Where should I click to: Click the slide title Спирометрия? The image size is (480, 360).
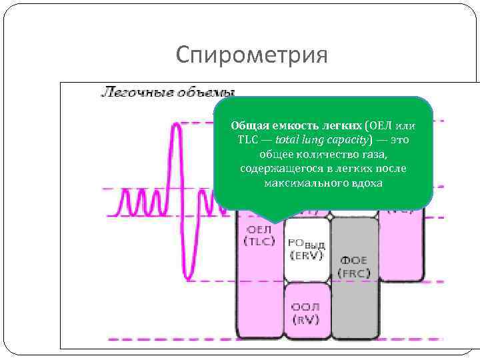pyautogui.click(x=252, y=55)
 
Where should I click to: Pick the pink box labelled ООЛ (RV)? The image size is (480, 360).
pyautogui.click(x=306, y=313)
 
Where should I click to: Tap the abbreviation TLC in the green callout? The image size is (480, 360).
pyautogui.click(x=249, y=140)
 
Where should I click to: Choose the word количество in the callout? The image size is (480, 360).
pyautogui.click(x=319, y=154)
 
